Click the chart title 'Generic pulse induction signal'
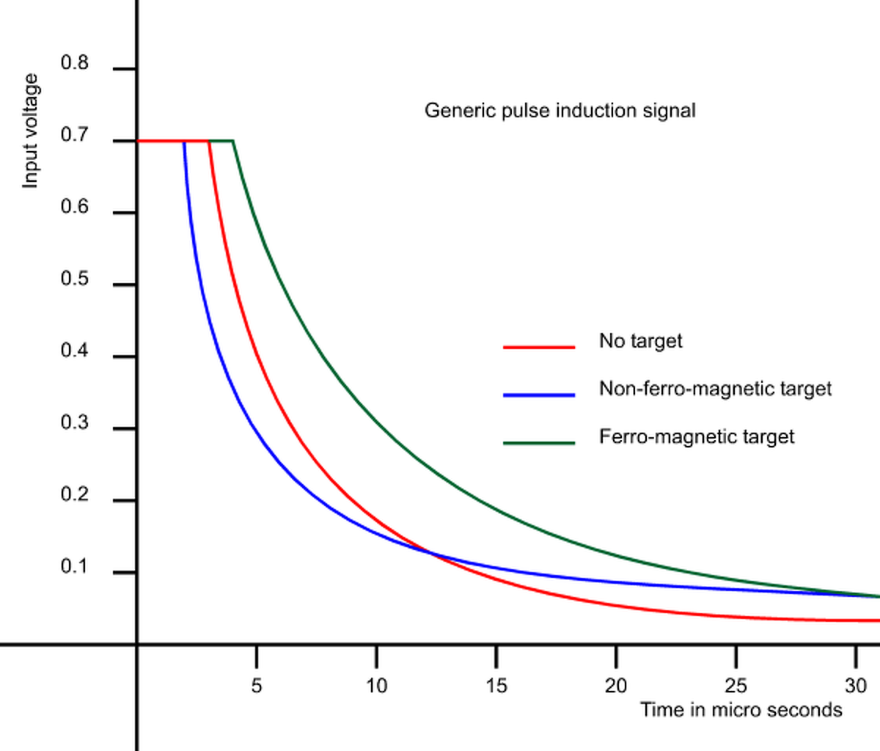(x=560, y=111)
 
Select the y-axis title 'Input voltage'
(x=30, y=131)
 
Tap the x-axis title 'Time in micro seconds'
(x=741, y=710)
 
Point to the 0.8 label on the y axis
(x=74, y=63)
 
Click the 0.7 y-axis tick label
(x=74, y=135)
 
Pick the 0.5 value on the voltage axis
(x=74, y=279)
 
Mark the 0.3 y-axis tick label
(x=74, y=422)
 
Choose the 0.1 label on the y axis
(x=74, y=566)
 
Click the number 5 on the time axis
(x=256, y=686)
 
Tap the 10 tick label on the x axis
(x=376, y=686)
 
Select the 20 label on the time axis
(x=616, y=686)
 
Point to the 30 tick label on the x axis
(x=856, y=686)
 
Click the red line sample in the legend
(x=539, y=347)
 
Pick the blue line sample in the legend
(x=539, y=395)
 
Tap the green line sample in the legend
(x=539, y=443)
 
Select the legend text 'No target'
(x=640, y=341)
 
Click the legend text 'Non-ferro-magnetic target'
(x=715, y=389)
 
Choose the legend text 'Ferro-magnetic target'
(x=696, y=437)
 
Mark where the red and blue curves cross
(x=430, y=554)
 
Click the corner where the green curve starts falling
(x=233, y=141)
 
